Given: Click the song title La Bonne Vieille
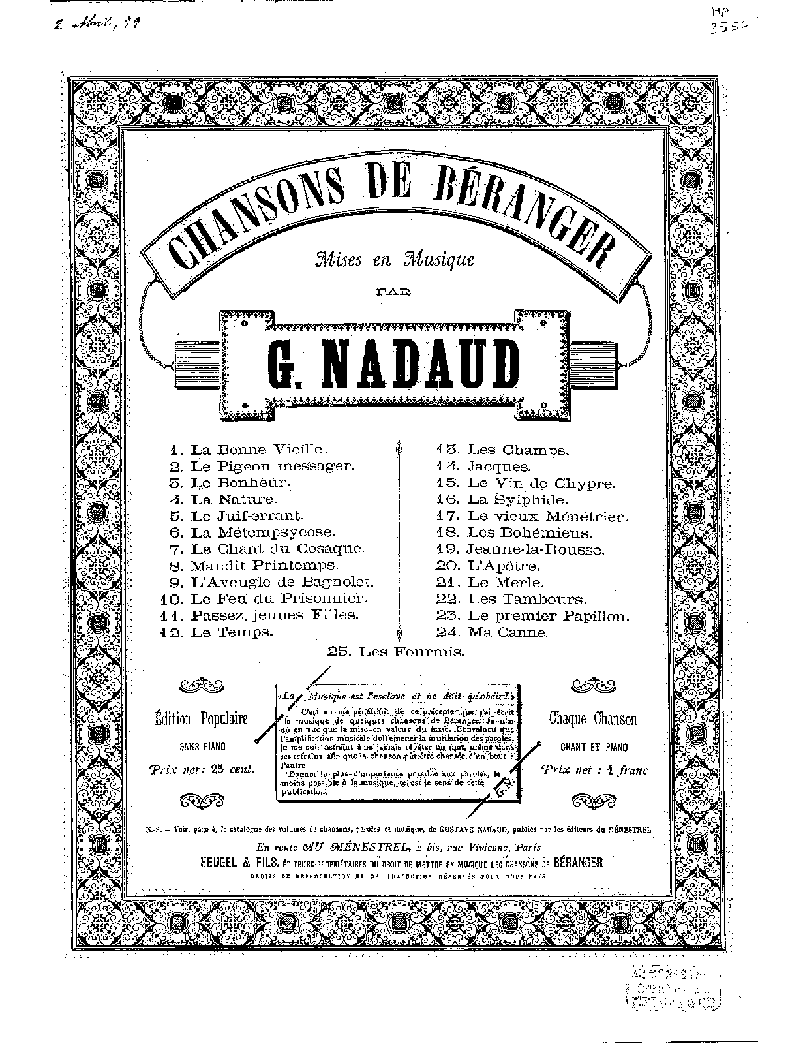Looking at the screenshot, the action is pyautogui.click(x=258, y=450).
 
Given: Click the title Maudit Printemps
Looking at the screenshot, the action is pyautogui.click(x=264, y=565).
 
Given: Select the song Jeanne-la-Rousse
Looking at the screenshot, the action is pyautogui.click(x=536, y=549).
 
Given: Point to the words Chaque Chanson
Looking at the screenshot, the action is pyautogui.click(x=592, y=719).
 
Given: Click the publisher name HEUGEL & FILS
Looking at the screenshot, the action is pyautogui.click(x=240, y=863).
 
